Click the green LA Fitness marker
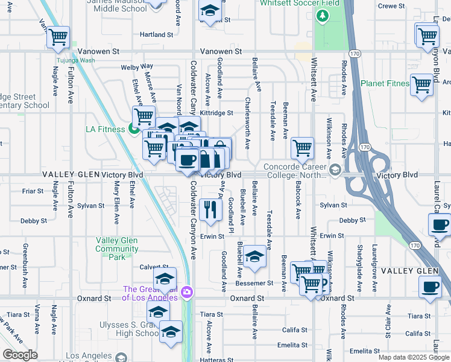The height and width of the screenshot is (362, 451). (133, 129)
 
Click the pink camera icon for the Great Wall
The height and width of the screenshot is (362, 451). (188, 292)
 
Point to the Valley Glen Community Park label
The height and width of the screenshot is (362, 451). (117, 249)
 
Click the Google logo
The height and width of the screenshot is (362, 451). (20, 355)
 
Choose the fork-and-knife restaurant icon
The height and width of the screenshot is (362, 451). (210, 209)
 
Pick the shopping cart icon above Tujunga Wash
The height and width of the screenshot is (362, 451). (58, 37)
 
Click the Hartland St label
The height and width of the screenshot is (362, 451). (153, 34)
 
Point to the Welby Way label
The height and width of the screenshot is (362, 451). (137, 66)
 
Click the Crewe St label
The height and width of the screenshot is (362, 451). (391, 6)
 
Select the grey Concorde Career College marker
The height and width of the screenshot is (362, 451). (334, 171)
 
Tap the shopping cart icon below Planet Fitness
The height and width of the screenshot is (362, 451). (421, 84)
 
